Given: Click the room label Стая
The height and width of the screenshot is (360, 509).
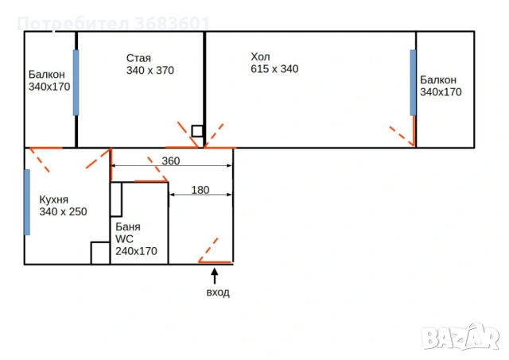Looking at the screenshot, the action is [138, 58].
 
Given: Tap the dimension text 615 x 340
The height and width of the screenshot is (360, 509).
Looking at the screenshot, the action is [274, 69].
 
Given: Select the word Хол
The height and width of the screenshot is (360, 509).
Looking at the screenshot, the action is [260, 56].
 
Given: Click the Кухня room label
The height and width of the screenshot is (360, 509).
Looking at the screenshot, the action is [53, 199].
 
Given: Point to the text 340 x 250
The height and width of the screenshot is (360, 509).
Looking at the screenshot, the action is [63, 211].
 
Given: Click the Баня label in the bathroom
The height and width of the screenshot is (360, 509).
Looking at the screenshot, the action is [128, 226].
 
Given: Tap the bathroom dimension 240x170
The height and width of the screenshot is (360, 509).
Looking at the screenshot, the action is [136, 251].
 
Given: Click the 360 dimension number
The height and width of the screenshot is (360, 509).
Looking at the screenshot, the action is [171, 161].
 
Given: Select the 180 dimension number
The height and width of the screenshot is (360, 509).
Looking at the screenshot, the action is [200, 190].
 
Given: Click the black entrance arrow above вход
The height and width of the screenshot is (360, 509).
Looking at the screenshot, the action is [214, 276].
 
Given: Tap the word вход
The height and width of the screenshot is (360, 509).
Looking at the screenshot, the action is [218, 292].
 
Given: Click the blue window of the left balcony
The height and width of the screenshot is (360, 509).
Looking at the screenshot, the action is [76, 83].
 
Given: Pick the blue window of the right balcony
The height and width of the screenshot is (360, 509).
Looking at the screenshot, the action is [413, 83].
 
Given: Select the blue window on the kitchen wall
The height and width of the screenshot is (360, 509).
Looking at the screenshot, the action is [27, 202].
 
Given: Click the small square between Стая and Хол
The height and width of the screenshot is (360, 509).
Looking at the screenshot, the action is [197, 131].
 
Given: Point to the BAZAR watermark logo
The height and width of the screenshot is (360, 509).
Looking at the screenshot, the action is [460, 338].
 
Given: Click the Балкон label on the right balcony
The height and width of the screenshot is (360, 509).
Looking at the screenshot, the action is [438, 79].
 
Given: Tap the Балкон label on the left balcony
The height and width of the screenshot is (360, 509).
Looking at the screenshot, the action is [46, 75].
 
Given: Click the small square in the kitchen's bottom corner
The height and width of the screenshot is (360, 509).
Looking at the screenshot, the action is [100, 253].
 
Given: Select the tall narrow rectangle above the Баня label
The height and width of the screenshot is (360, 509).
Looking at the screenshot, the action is [116, 199].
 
